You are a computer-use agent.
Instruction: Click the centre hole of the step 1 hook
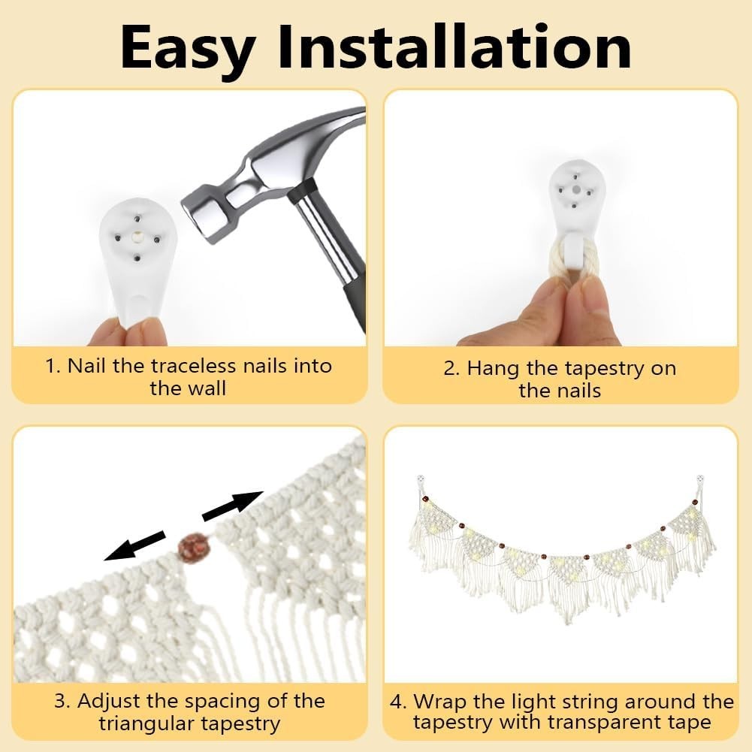pos(138,237)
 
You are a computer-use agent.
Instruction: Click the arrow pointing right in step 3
pos(233,506)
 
